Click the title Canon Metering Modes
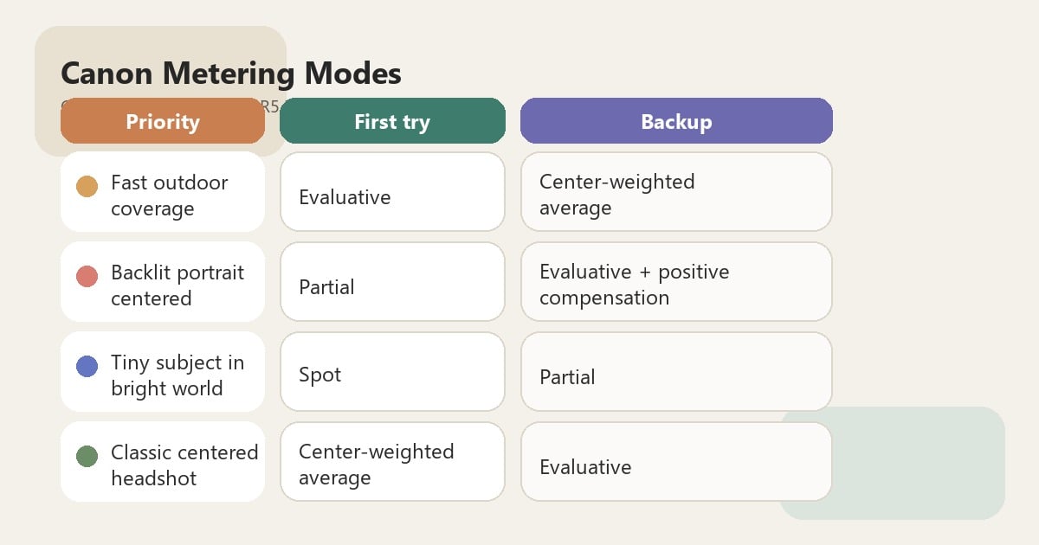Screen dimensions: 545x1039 coord(230,74)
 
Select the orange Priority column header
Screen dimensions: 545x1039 coord(163,121)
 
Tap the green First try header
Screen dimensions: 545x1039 coord(392,121)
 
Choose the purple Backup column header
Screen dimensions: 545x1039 coord(676,121)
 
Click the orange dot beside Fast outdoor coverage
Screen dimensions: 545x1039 coord(87,186)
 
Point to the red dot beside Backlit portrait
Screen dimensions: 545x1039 coord(87,276)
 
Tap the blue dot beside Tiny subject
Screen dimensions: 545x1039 coord(87,366)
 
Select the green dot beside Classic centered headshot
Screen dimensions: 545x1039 coord(87,456)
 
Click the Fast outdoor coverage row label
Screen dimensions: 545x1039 coord(170,196)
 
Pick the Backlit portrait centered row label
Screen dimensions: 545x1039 coord(177,285)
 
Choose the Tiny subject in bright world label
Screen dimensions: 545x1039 coord(177,375)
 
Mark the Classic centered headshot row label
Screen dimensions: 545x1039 coord(184,465)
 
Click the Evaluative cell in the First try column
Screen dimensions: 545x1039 coord(392,192)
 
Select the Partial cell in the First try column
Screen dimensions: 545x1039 coord(392,282)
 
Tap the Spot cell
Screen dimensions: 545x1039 coord(392,372)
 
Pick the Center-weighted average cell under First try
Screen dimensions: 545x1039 coord(392,462)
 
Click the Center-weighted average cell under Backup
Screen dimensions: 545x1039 coord(676,192)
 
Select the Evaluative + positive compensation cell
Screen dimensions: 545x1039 coord(676,282)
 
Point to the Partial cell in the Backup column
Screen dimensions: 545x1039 coord(676,372)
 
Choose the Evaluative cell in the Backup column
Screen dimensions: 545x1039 coord(676,462)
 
